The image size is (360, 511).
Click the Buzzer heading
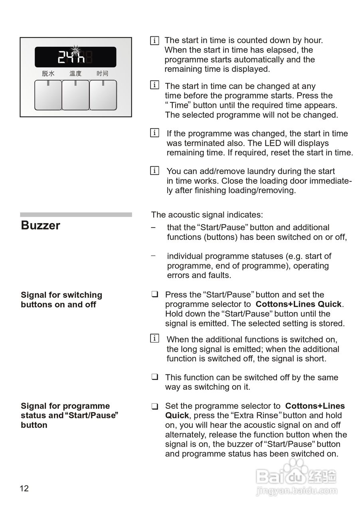40,226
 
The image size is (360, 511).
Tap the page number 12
24,489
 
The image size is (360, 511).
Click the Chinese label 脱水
48,73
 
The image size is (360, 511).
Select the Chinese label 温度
75,73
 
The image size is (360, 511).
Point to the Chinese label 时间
103,73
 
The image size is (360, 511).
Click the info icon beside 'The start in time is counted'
154,40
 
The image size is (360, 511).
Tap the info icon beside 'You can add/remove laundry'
154,171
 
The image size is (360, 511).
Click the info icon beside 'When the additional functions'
154,339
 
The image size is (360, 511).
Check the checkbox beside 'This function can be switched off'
154,377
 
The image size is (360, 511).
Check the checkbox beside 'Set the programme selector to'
154,406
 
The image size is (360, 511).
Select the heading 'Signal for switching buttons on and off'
61,300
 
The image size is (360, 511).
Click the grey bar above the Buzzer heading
76,214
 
